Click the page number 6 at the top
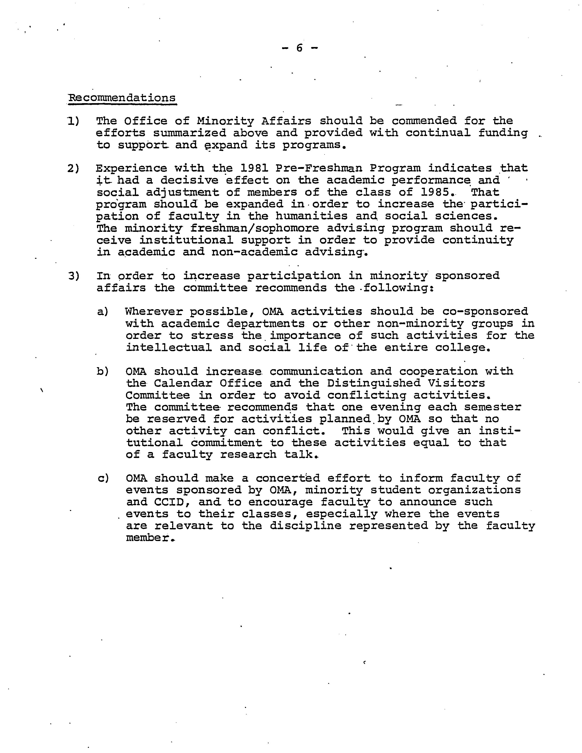[x=299, y=48]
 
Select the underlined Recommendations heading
[x=122, y=98]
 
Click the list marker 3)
[x=73, y=276]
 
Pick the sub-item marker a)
[x=103, y=312]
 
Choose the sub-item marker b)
[x=103, y=371]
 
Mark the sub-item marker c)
[x=103, y=478]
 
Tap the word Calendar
[x=183, y=383]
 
